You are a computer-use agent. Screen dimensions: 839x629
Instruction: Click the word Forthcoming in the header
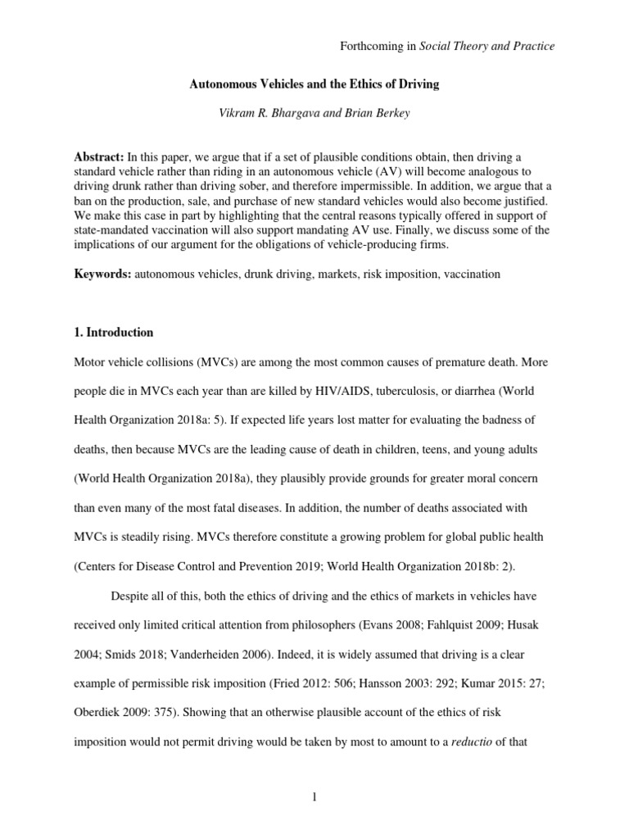tap(370, 47)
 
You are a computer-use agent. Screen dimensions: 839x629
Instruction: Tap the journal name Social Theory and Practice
tap(487, 47)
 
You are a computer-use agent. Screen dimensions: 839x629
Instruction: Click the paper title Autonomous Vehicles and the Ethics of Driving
tap(314, 84)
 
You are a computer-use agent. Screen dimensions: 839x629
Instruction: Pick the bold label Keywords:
tap(103, 274)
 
